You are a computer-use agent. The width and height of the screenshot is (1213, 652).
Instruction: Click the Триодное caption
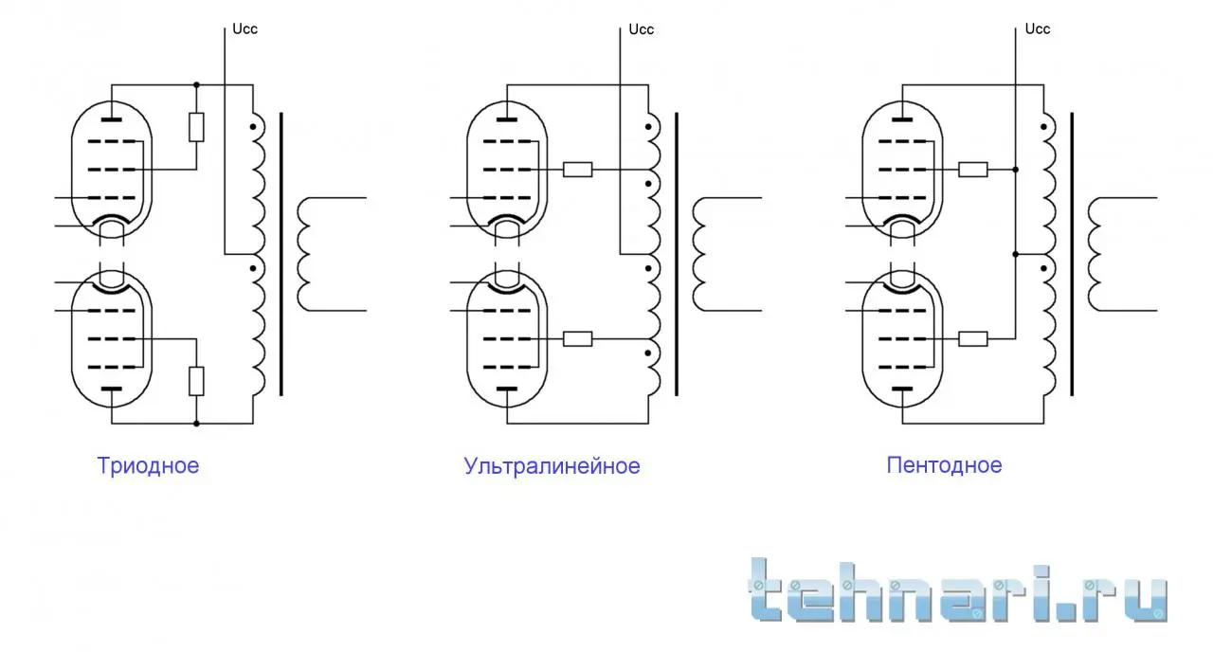148,465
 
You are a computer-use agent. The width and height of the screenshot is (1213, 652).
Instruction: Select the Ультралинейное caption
552,465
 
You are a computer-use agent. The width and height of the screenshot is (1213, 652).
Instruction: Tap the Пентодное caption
944,465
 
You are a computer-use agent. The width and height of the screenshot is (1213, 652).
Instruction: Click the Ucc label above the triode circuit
244,29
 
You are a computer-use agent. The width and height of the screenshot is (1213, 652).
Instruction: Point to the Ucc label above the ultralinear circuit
642,29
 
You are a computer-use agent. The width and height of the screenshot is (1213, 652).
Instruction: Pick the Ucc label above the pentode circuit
1038,29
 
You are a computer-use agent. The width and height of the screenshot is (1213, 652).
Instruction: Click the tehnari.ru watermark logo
957,591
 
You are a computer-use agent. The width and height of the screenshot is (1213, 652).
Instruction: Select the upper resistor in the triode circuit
196,127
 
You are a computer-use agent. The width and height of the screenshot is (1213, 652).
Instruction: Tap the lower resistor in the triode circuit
196,381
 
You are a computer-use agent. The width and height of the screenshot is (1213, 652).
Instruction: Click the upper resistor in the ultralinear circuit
578,170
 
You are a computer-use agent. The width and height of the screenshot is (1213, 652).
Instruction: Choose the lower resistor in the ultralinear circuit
578,339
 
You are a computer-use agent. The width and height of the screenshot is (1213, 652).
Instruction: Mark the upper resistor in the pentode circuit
973,170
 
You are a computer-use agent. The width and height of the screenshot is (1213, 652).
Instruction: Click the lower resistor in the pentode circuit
973,339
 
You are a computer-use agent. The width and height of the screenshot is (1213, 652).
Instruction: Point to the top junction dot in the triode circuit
196,85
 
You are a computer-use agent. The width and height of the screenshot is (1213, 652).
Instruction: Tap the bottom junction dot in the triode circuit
196,424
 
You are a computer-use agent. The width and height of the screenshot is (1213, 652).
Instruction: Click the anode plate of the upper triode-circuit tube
112,119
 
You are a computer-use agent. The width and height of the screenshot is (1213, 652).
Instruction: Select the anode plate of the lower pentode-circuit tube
902,389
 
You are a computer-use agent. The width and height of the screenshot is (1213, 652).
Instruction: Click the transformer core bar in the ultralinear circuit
677,254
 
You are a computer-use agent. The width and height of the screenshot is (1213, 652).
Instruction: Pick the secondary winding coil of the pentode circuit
1095,254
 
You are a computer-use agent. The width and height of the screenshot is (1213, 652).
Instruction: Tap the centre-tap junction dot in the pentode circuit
1015,254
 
